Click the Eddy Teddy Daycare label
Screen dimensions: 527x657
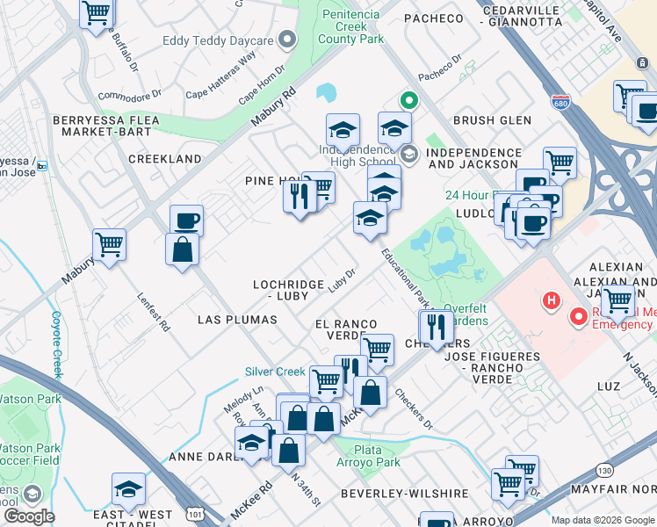pos(218,40)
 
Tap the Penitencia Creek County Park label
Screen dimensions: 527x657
pos(350,26)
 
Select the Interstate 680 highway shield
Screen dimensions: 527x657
pos(560,102)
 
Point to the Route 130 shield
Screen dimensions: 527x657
pos(608,473)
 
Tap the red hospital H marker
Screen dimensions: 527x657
pos(552,301)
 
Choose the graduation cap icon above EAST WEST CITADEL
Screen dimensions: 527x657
pos(129,488)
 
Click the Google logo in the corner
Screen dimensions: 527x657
pos(29,516)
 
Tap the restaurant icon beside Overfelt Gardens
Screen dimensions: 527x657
pos(437,327)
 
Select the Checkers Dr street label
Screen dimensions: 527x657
pos(413,408)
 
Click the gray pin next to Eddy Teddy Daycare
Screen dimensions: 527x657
pos(286,40)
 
